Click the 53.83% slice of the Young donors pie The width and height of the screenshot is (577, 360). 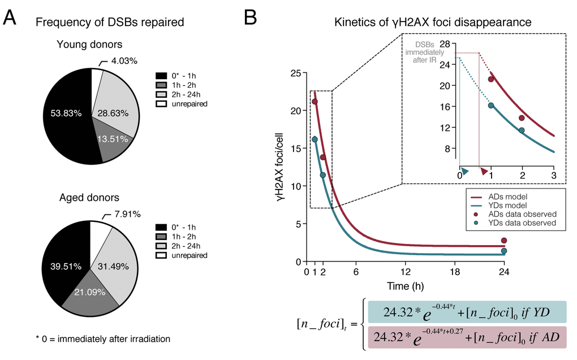click(x=62, y=113)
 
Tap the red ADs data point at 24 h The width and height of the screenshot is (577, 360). click(x=504, y=241)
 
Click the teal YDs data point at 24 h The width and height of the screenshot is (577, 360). click(x=504, y=251)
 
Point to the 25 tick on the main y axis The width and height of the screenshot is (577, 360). click(x=294, y=73)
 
